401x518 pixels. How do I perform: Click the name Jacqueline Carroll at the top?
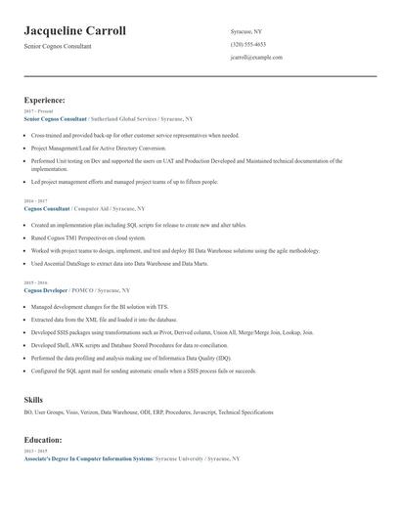[74, 31]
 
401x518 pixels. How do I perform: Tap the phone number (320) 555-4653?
[247, 45]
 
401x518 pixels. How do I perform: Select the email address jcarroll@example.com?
[256, 58]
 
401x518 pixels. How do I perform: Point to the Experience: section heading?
[44, 100]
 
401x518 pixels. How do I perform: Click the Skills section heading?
[33, 400]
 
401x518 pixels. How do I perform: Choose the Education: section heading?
[43, 440]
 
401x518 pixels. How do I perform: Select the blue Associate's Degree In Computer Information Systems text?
[88, 458]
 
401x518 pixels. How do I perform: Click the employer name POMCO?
[81, 289]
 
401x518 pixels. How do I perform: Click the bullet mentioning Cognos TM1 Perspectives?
[88, 237]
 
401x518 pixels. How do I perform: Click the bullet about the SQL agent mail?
[143, 370]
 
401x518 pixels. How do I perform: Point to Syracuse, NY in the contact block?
[245, 31]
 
